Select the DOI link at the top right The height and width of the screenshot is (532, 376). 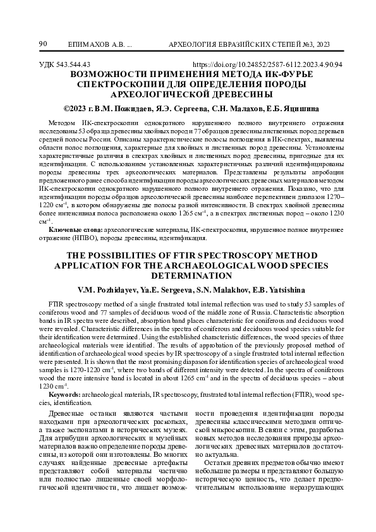(267, 64)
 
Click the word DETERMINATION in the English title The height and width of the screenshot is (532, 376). (188, 275)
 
